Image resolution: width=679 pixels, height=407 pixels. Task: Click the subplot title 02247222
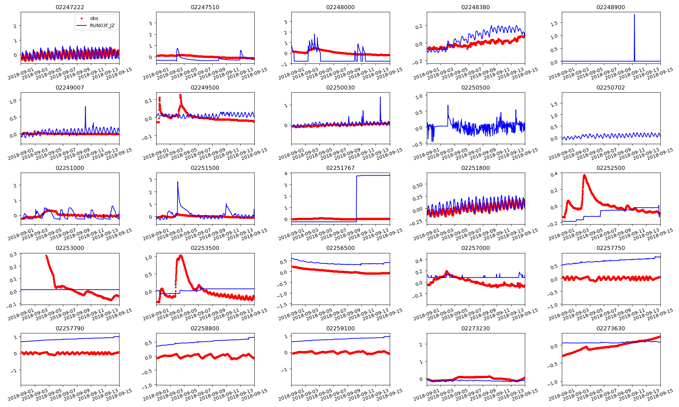pos(70,7)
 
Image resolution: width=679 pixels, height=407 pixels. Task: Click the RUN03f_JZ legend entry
pos(102,25)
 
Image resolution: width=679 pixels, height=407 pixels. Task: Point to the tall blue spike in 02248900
pos(634,15)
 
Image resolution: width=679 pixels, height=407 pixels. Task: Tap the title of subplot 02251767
pos(340,168)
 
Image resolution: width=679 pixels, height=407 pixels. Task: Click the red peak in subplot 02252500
pos(584,175)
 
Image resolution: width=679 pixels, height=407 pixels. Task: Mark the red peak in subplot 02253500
pos(180,256)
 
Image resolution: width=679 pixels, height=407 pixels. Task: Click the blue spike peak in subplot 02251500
pos(178,182)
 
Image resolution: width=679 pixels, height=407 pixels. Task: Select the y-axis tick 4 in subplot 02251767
pos(286,173)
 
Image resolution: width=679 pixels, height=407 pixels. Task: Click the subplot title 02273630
pos(610,328)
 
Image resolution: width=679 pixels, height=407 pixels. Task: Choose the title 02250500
pos(475,88)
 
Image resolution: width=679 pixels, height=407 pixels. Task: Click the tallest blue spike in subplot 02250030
pos(380,97)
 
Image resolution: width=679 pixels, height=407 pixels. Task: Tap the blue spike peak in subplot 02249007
pos(85,107)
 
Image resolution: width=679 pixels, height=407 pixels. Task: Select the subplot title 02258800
pos(205,328)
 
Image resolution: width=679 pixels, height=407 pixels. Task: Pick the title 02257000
pos(475,248)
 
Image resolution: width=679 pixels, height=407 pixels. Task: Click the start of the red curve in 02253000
pos(47,256)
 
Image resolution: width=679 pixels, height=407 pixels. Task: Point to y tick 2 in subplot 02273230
pos(421,345)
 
